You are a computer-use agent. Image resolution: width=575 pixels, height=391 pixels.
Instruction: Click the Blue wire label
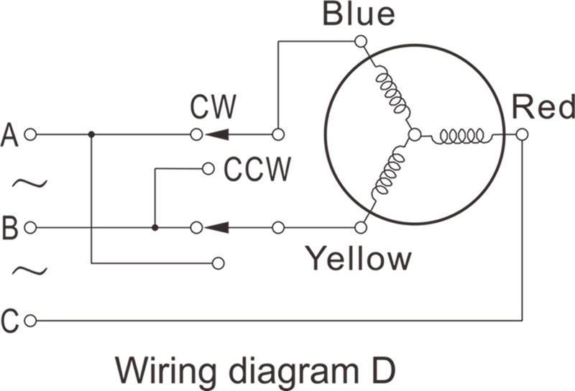click(359, 14)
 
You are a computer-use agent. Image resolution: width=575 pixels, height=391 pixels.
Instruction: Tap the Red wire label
click(543, 107)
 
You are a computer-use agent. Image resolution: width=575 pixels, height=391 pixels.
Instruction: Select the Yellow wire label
click(359, 258)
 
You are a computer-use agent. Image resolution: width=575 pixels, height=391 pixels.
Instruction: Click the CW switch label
click(213, 107)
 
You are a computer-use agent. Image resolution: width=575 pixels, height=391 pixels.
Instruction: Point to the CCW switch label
click(257, 169)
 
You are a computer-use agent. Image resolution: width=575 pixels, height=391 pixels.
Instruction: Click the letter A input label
click(9, 134)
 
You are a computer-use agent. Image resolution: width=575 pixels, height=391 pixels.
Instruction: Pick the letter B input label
click(10, 228)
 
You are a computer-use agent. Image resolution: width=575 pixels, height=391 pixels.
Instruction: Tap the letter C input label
click(10, 321)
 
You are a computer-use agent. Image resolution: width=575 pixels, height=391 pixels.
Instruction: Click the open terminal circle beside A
click(30, 134)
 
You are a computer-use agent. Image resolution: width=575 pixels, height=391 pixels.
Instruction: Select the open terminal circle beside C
click(30, 321)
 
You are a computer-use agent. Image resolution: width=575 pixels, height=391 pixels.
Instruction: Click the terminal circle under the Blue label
click(361, 41)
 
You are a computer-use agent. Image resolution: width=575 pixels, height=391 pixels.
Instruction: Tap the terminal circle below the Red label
click(522, 134)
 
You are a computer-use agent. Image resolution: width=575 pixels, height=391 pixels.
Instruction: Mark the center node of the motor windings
click(415, 134)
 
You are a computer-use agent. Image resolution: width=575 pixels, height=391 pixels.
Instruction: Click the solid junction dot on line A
click(91, 134)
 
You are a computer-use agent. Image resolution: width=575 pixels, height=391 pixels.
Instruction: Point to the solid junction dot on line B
click(155, 228)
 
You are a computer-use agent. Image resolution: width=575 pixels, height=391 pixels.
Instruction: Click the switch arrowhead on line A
click(217, 134)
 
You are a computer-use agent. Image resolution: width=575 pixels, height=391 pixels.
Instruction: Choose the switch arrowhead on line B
click(217, 228)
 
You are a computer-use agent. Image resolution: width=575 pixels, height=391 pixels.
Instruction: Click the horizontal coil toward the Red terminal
click(462, 136)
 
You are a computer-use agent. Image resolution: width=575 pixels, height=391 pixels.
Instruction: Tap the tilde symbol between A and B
click(29, 183)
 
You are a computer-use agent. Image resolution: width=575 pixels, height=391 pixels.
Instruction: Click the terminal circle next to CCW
click(208, 168)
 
